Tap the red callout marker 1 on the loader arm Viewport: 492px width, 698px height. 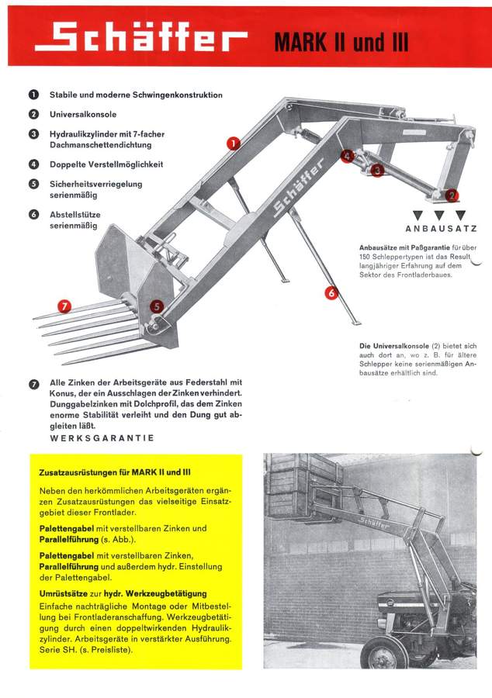233,143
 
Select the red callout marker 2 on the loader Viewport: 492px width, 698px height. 452,196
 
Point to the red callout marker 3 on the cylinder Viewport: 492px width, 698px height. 376,170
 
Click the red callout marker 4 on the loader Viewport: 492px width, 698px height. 346,156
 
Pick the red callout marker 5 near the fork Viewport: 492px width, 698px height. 157,306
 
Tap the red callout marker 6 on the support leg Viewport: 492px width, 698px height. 331,292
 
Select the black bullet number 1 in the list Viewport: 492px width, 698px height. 34,95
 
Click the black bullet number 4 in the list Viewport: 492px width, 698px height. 34,164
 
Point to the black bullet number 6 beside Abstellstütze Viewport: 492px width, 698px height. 34,214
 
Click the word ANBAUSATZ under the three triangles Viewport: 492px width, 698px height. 439,229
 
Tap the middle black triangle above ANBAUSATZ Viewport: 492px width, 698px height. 439,214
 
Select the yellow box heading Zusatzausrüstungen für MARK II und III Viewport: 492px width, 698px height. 116,472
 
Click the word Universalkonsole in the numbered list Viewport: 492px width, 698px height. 84,114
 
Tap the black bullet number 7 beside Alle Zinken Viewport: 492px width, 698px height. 34,382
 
